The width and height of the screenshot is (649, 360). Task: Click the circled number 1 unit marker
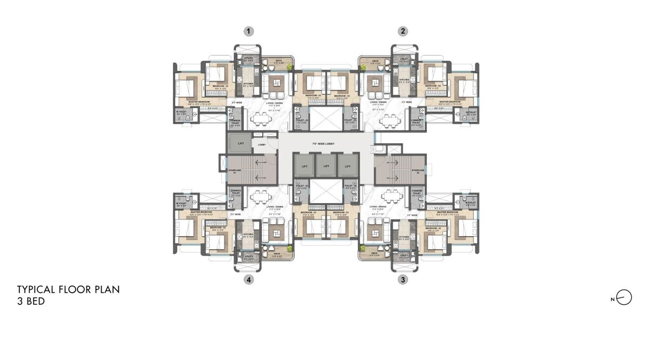pyautogui.click(x=248, y=31)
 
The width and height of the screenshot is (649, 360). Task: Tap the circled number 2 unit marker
pyautogui.click(x=402, y=31)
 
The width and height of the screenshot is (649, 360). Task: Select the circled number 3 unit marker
pyautogui.click(x=402, y=279)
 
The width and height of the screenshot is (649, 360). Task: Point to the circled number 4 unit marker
pyautogui.click(x=248, y=279)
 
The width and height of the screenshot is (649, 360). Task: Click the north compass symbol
pyautogui.click(x=624, y=298)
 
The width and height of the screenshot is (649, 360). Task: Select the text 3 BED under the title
pyautogui.click(x=31, y=302)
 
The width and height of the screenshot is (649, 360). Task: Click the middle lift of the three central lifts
pyautogui.click(x=326, y=166)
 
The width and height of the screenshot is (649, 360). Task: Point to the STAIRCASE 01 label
pyautogui.click(x=234, y=171)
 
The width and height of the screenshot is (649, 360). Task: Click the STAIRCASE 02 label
pyautogui.click(x=417, y=171)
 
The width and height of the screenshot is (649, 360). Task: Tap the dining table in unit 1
pyautogui.click(x=261, y=117)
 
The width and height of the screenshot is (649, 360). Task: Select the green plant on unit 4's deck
pyautogui.click(x=290, y=248)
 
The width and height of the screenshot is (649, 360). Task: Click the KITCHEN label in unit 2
pyautogui.click(x=403, y=80)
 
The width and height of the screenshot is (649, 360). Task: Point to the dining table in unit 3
pyautogui.click(x=389, y=195)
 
